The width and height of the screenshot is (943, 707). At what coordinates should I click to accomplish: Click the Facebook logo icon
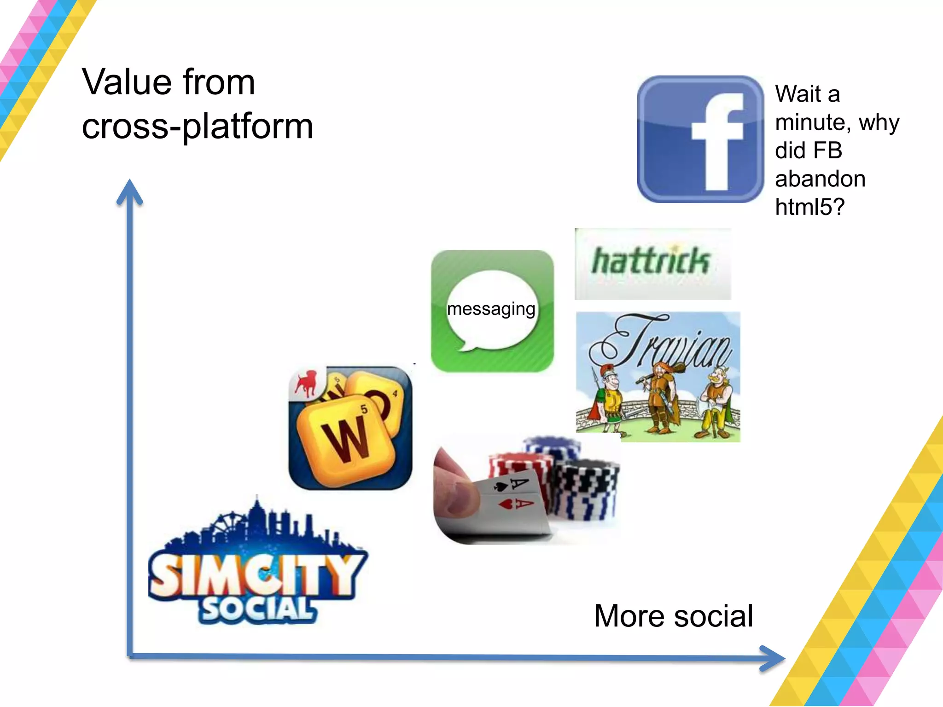click(x=700, y=139)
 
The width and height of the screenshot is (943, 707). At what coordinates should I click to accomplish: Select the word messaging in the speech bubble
click(x=491, y=309)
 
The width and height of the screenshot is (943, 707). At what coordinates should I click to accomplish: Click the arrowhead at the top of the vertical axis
click(x=130, y=191)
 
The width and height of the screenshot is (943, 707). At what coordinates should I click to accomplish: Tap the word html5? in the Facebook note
click(x=809, y=207)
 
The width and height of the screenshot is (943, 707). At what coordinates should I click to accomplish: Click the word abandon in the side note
click(x=820, y=179)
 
